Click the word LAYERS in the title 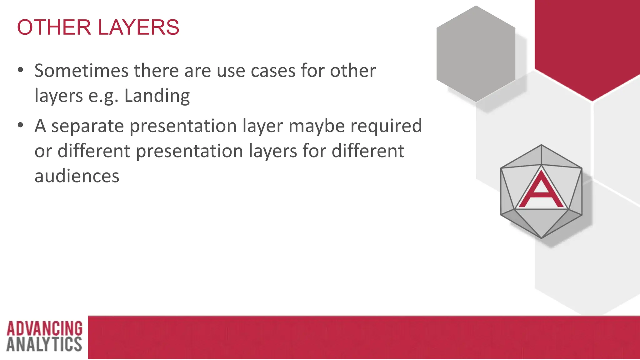coord(138,27)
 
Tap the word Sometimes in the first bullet coord(81,71)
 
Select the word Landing coord(157,96)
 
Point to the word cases coord(273,71)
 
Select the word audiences coord(77,176)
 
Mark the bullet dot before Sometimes coord(21,70)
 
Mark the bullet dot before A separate coord(21,125)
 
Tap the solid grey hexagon coord(476,54)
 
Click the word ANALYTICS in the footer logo coord(44,344)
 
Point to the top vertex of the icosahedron coord(541,145)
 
